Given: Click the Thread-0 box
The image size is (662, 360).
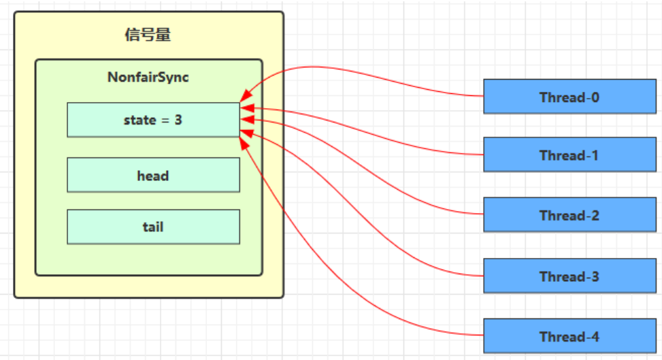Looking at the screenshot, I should [569, 97].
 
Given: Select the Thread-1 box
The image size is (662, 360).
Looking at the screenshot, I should [569, 154].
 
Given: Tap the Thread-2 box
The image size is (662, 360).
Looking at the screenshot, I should [569, 215].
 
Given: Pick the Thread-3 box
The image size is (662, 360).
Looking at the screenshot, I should [569, 276].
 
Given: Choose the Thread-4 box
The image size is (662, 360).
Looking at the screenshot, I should [569, 336].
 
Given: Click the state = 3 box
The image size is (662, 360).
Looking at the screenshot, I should [153, 120].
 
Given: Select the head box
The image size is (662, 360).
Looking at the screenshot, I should [153, 176].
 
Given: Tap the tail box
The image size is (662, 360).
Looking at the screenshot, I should [153, 227].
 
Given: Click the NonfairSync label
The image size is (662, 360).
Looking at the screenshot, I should [148, 77].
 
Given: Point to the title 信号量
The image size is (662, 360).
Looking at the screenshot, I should [148, 35].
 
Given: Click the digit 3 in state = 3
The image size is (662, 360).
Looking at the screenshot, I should [178, 120].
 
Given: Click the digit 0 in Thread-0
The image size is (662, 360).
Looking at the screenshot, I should [595, 97].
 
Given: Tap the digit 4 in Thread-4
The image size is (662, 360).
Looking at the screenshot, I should [595, 337].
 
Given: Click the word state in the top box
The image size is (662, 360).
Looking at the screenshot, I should [139, 120].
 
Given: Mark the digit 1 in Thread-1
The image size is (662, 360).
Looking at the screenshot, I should [595, 155].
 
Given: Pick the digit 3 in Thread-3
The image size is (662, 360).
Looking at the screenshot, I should [595, 277].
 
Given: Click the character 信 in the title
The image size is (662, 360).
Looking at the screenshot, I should [133, 35].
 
